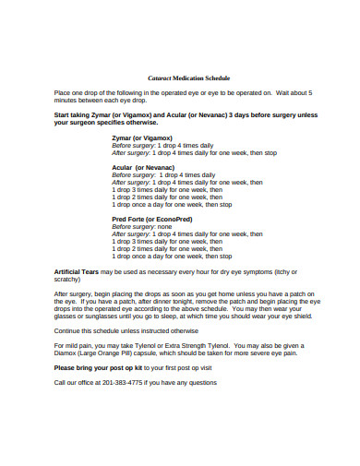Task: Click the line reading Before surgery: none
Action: coord(142,226)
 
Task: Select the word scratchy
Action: coord(70,279)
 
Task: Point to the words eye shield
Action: coord(294,315)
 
